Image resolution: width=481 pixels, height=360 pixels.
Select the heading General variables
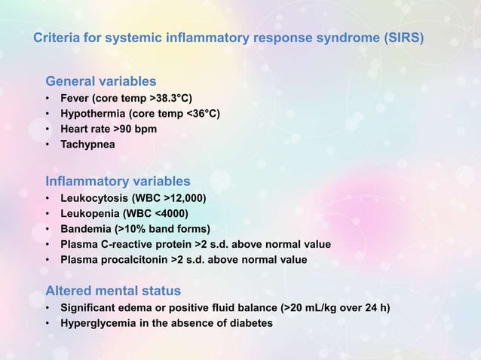pos(101,81)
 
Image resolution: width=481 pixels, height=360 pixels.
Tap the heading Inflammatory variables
pos(118,181)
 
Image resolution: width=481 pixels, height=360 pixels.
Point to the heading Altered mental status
pos(113,290)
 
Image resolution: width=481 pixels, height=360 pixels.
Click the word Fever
pos(76,99)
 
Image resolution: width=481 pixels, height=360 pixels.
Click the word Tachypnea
pos(89,144)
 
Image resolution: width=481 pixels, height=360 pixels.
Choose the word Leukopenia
pos(91,214)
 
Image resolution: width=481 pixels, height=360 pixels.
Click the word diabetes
pos(249,324)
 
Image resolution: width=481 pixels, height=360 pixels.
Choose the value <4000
pos(173,214)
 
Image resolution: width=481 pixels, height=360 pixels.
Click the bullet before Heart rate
pos(48,129)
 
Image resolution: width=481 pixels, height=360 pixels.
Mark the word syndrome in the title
pos(332,37)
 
